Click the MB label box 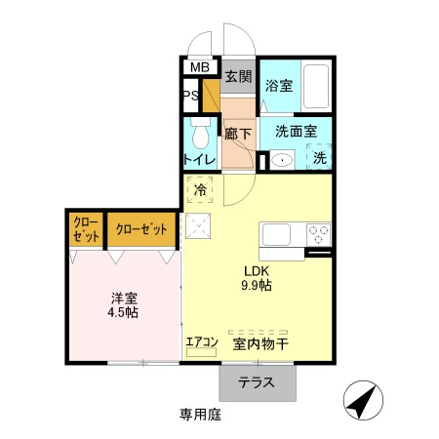(199, 67)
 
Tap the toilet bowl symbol (202, 135)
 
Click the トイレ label (200, 159)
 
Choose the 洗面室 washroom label (294, 130)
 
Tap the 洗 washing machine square (319, 158)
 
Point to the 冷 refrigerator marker (200, 189)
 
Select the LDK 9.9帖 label (257, 277)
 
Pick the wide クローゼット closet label (141, 229)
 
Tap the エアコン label (201, 341)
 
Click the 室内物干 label (259, 344)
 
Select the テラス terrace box (257, 382)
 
